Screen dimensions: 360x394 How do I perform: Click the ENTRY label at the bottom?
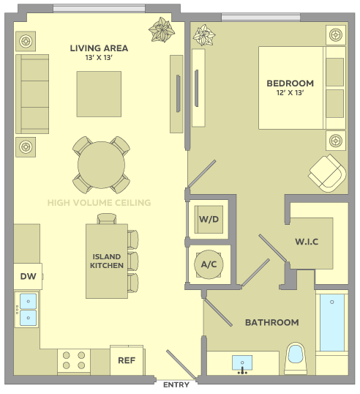click(176, 384)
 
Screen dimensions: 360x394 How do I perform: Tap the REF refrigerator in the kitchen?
click(127, 360)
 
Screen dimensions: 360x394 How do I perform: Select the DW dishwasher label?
click(28, 276)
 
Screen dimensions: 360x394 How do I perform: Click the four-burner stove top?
click(74, 361)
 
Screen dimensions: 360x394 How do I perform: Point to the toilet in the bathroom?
click(296, 358)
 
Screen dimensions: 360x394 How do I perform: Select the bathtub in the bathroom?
click(332, 323)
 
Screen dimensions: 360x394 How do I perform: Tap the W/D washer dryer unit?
click(209, 220)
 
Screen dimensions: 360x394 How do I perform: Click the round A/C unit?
click(209, 264)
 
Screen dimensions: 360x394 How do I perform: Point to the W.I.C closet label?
click(307, 242)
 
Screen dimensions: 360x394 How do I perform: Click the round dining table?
click(101, 165)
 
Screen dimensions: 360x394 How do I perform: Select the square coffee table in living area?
click(99, 94)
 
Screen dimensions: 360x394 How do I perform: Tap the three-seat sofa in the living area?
click(32, 94)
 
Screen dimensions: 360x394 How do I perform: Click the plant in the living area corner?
click(162, 29)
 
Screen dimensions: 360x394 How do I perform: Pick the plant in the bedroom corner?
click(204, 35)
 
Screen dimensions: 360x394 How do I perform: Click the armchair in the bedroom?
click(327, 173)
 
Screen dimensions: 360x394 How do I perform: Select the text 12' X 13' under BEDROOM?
click(290, 93)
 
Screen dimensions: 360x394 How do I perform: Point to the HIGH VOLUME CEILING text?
click(100, 203)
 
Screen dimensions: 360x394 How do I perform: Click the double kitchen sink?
click(26, 310)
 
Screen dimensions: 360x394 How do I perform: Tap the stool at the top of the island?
click(107, 219)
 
